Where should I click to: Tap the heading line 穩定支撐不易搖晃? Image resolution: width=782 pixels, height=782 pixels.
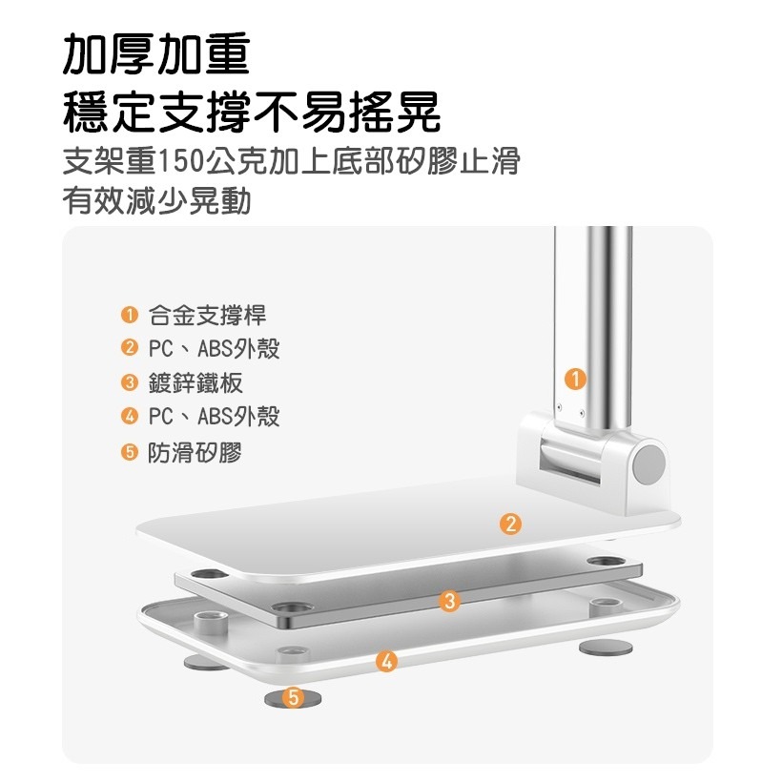tap(252, 112)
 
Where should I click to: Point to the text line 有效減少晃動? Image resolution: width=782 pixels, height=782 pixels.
tap(156, 201)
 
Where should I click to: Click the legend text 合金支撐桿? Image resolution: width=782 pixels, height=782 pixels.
tap(208, 316)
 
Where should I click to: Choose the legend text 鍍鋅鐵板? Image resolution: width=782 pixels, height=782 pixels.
tap(195, 383)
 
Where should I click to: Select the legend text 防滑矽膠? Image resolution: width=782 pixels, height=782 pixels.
tap(195, 452)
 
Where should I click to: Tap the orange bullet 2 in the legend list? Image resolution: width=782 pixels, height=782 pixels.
tap(129, 349)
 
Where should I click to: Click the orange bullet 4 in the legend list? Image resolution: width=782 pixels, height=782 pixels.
tap(129, 418)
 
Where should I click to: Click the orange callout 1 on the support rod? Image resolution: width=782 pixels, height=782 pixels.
tap(573, 379)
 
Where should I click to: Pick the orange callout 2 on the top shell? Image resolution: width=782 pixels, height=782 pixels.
tap(511, 523)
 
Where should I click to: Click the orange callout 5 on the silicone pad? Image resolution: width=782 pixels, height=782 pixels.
tap(293, 698)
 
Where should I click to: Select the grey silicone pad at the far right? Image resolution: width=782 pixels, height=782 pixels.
tap(607, 648)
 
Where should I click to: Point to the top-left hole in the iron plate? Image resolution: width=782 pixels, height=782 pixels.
tap(207, 575)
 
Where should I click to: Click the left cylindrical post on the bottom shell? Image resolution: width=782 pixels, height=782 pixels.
tap(209, 623)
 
